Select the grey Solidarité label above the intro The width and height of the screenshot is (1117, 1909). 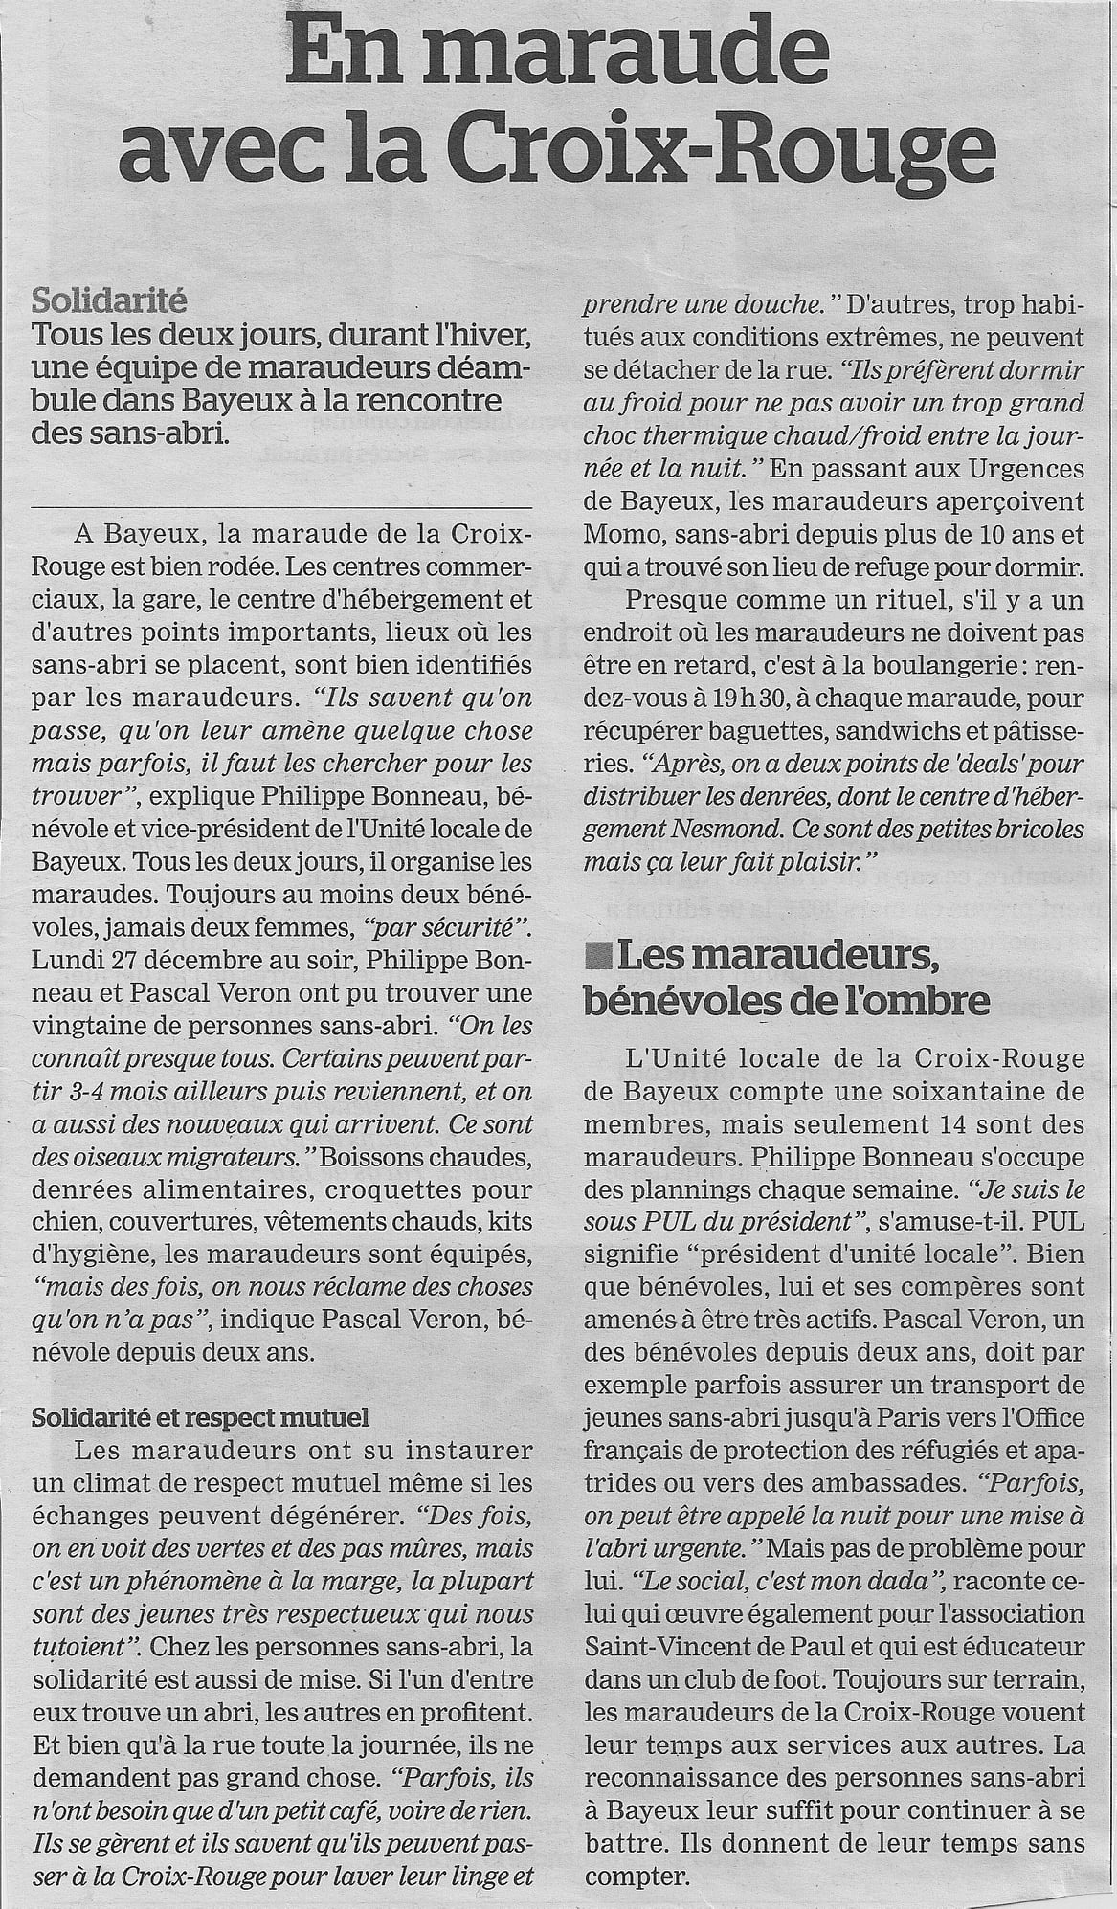click(109, 301)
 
